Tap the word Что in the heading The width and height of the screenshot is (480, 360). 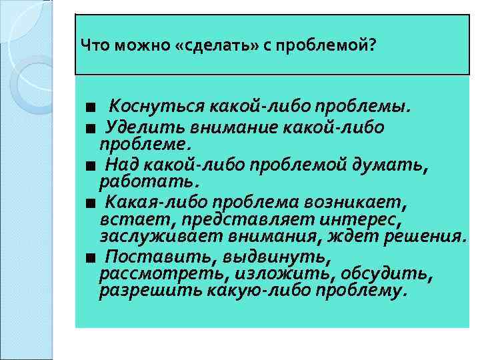pos(94,45)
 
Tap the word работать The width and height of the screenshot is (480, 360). pos(149,181)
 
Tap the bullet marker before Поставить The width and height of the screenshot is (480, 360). pos(89,257)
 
